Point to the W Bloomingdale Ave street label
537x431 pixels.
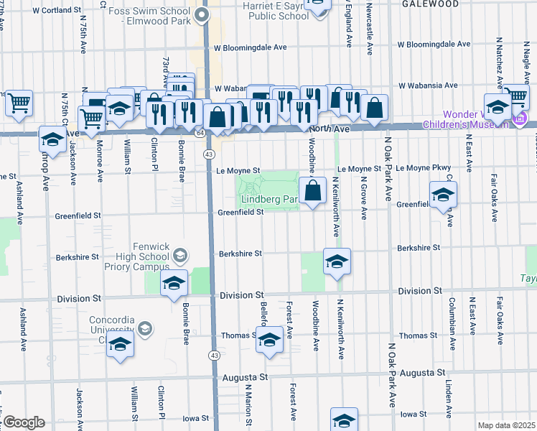coord(250,47)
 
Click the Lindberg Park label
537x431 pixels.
coord(269,199)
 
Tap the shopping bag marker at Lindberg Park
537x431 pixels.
coord(312,192)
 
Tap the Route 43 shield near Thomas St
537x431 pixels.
coord(214,356)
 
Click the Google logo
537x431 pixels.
coord(24,422)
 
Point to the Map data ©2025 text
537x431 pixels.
coord(506,425)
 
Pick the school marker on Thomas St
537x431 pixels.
coord(269,340)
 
